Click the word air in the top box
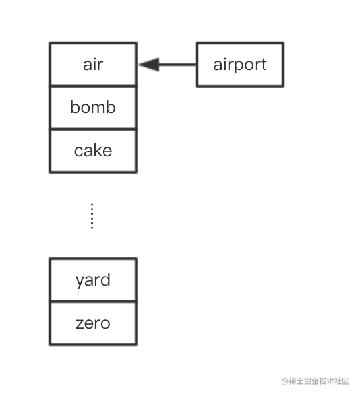[x=93, y=65]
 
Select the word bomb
[x=93, y=107]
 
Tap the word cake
[x=93, y=151]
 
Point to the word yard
[x=93, y=280]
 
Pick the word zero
[x=93, y=323]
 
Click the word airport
[x=240, y=65]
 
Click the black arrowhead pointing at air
[x=149, y=65]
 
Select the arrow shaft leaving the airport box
[x=177, y=65]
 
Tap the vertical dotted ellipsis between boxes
[x=92, y=216]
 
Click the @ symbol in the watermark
[x=285, y=381]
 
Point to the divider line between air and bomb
[x=93, y=86]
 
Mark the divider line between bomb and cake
[x=93, y=129]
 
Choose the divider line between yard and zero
[x=93, y=302]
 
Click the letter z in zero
[x=80, y=323]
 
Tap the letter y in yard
[x=80, y=282]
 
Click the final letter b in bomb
[x=111, y=107]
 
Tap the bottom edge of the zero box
[x=93, y=345]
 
